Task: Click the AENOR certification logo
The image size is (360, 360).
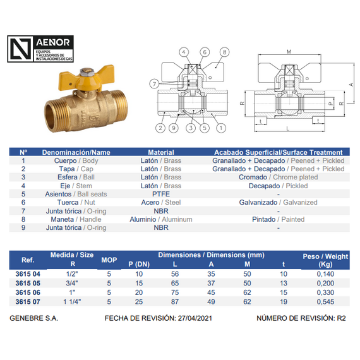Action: [40, 49]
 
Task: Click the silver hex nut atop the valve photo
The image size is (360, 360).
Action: [87, 72]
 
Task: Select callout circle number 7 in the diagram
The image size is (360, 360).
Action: [154, 84]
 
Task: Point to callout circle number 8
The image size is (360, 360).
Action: [225, 52]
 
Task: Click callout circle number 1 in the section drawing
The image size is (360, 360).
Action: [221, 128]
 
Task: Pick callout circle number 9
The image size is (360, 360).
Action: [174, 128]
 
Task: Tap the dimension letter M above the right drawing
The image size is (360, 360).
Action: [289, 52]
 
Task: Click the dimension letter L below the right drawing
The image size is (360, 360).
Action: [288, 129]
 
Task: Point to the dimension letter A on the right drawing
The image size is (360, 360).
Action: [351, 85]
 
